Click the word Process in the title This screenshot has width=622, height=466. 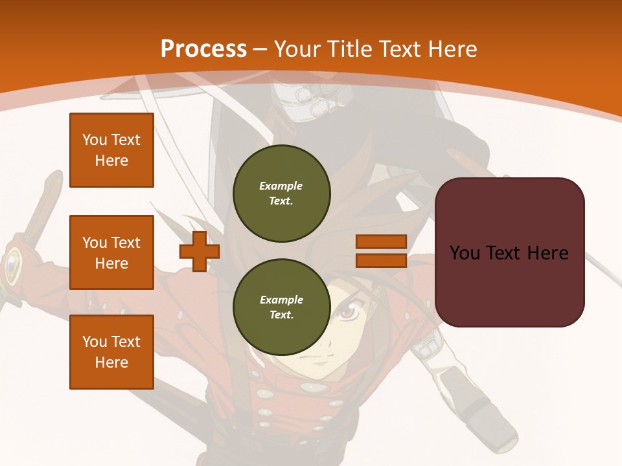pyautogui.click(x=203, y=49)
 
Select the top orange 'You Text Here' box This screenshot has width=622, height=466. pyautogui.click(x=111, y=150)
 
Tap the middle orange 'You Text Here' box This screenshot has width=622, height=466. pyautogui.click(x=111, y=252)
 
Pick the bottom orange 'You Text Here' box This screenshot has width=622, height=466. pyautogui.click(x=111, y=352)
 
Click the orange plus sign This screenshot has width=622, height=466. pyautogui.click(x=200, y=251)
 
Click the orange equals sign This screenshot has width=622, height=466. pyautogui.click(x=381, y=251)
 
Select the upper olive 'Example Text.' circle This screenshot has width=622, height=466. pyautogui.click(x=281, y=193)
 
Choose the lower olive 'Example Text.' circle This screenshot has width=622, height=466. pyautogui.click(x=281, y=307)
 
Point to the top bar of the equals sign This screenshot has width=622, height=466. pyautogui.click(x=381, y=242)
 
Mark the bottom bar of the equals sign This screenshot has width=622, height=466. pyautogui.click(x=381, y=261)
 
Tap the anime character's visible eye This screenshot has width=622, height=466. pyautogui.click(x=347, y=314)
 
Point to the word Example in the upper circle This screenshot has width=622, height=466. pyautogui.click(x=281, y=186)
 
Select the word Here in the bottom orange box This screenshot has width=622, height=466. pyautogui.click(x=111, y=362)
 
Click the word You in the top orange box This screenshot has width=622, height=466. pyautogui.click(x=95, y=140)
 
